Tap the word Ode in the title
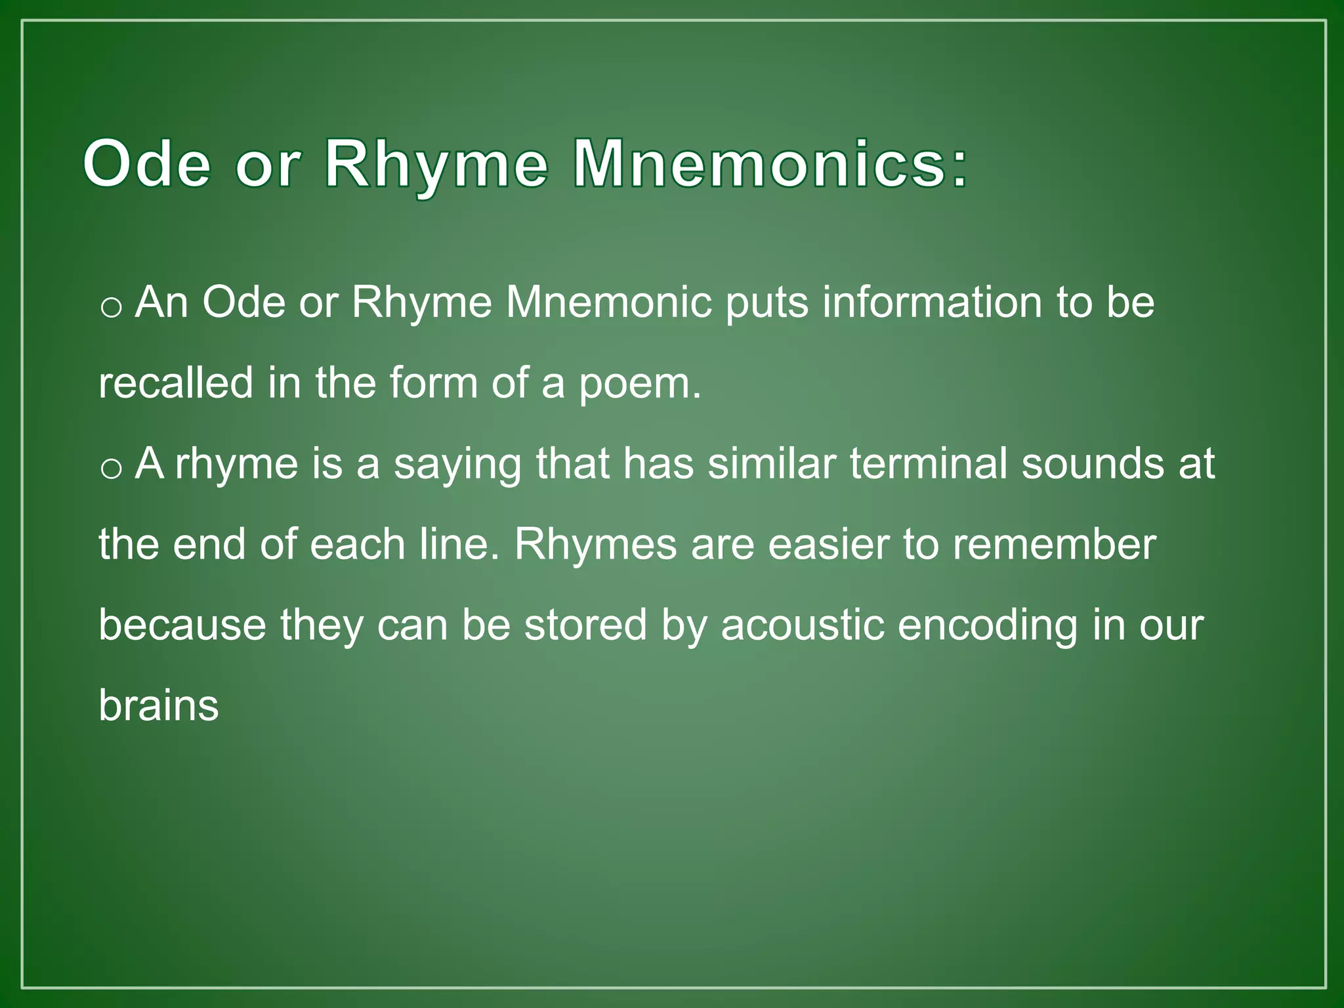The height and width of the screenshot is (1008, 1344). click(147, 164)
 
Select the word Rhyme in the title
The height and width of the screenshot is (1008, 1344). click(436, 164)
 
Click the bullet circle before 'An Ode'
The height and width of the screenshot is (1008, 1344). click(112, 307)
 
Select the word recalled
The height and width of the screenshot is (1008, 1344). click(176, 383)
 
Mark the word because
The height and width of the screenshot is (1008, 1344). click(182, 625)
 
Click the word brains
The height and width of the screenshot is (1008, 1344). click(159, 706)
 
